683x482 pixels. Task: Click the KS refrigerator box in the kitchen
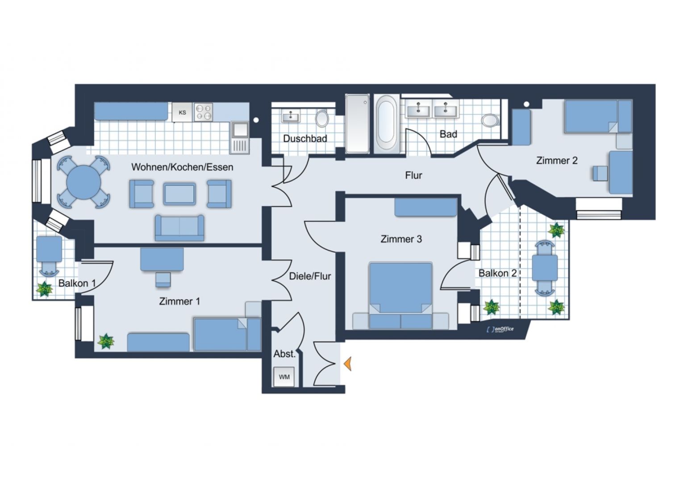(x=182, y=112)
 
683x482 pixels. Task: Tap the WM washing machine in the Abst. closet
(x=284, y=377)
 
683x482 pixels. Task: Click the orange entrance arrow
(x=348, y=364)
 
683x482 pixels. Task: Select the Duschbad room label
(x=305, y=139)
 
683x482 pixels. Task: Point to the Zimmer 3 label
(x=401, y=239)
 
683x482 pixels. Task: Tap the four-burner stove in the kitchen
(x=204, y=112)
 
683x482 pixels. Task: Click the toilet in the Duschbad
(x=322, y=119)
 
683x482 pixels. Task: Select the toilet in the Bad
(x=490, y=120)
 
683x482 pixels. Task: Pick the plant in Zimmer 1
(x=106, y=341)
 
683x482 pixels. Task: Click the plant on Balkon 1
(x=44, y=289)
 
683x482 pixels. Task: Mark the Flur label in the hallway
(x=413, y=175)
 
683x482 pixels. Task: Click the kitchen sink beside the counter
(x=240, y=130)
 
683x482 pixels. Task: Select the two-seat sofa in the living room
(x=179, y=227)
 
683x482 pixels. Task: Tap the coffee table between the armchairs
(x=179, y=194)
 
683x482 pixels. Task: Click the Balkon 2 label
(x=497, y=273)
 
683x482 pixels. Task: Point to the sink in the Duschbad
(x=291, y=117)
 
